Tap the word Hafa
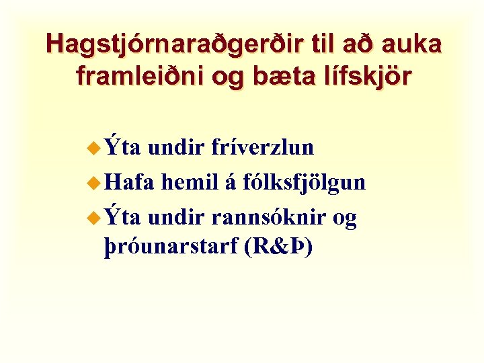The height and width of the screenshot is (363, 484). point(130,182)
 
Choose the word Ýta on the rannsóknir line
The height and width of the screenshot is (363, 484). point(122,217)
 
